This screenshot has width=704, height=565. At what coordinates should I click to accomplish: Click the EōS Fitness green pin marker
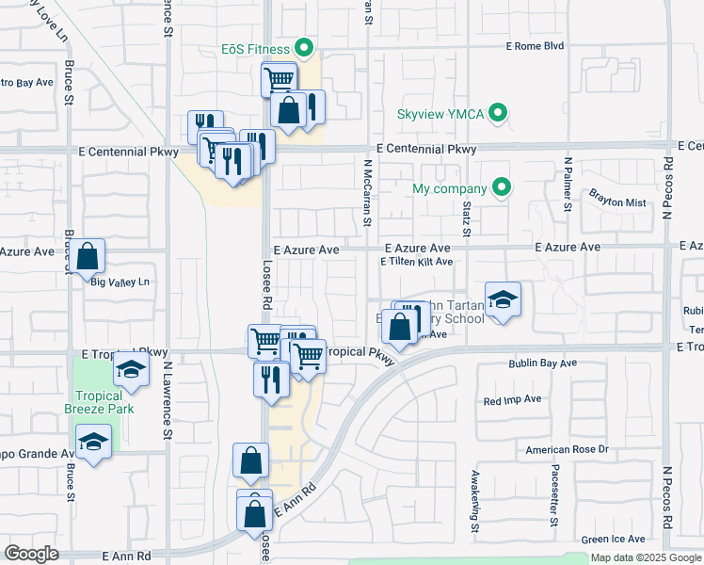(x=304, y=46)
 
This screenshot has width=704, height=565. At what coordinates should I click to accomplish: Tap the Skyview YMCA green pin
(x=501, y=114)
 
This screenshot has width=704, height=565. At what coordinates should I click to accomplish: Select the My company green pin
(x=502, y=188)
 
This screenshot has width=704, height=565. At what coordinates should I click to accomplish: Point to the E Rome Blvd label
(x=535, y=45)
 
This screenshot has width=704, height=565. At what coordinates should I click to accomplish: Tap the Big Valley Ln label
(x=120, y=282)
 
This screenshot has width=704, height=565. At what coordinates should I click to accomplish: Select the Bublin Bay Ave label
(x=542, y=363)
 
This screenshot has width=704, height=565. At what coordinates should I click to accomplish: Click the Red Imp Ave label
(x=512, y=399)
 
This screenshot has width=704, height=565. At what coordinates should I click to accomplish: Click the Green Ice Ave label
(x=614, y=539)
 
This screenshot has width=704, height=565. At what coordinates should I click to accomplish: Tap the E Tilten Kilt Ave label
(x=416, y=262)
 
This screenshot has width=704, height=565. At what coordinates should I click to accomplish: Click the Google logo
(x=32, y=553)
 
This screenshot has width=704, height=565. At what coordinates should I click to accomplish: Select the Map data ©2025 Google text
(x=647, y=557)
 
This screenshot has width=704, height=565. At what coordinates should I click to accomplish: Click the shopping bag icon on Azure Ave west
(x=88, y=257)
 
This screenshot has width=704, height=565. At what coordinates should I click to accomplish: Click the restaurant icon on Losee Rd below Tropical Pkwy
(x=271, y=379)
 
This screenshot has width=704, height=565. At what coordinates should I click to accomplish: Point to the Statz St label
(x=466, y=217)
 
